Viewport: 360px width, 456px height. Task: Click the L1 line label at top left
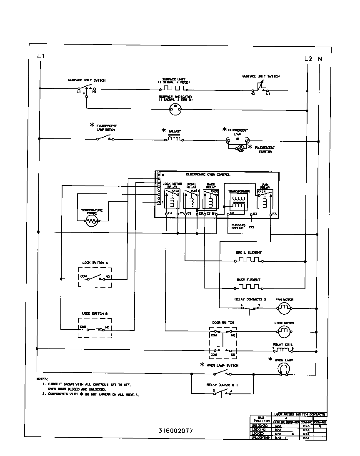[40, 56]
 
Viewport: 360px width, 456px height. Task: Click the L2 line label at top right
[308, 59]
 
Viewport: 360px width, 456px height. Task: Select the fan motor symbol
[284, 308]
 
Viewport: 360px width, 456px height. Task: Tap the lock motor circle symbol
[284, 331]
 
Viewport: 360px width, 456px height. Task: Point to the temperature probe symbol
[91, 222]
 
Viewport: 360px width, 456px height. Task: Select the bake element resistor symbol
[249, 287]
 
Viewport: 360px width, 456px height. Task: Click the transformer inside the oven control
[239, 202]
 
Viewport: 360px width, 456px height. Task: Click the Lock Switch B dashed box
[95, 328]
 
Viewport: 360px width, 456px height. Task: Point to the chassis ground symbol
[252, 227]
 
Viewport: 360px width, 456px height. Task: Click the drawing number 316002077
[175, 431]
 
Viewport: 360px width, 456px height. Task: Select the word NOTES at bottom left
[42, 379]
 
